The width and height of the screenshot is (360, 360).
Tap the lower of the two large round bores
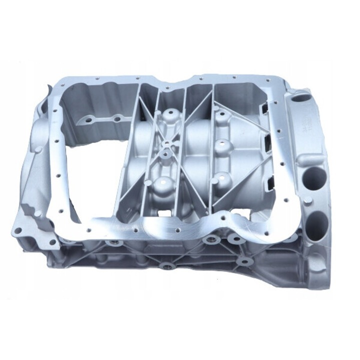click(318, 220)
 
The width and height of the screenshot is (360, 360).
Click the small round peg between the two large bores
click(308, 200)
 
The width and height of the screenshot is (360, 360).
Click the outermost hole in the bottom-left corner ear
click(19, 230)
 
